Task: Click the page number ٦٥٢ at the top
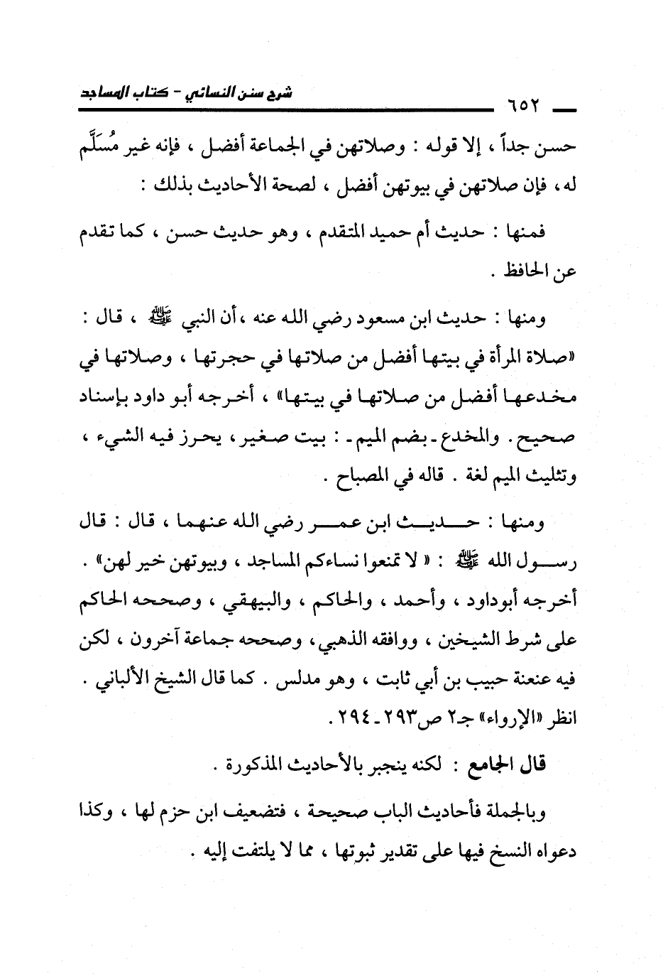coord(525,108)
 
